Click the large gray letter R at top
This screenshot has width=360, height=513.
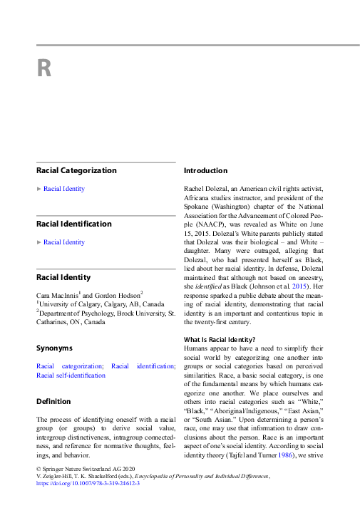coord(44,69)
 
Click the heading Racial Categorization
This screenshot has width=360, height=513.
coord(76,171)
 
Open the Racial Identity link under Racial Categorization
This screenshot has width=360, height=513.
coord(64,189)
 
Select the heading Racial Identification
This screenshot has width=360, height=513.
coord(74,224)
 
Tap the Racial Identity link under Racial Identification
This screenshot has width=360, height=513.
coord(64,242)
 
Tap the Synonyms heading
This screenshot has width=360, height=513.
coord(54,348)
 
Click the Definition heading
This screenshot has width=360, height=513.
coord(53,402)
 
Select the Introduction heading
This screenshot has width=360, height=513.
coord(206,171)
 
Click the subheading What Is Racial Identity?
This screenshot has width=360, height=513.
coord(220,339)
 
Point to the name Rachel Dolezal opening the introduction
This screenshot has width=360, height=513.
coord(206,189)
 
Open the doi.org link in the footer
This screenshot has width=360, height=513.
coord(88,483)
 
